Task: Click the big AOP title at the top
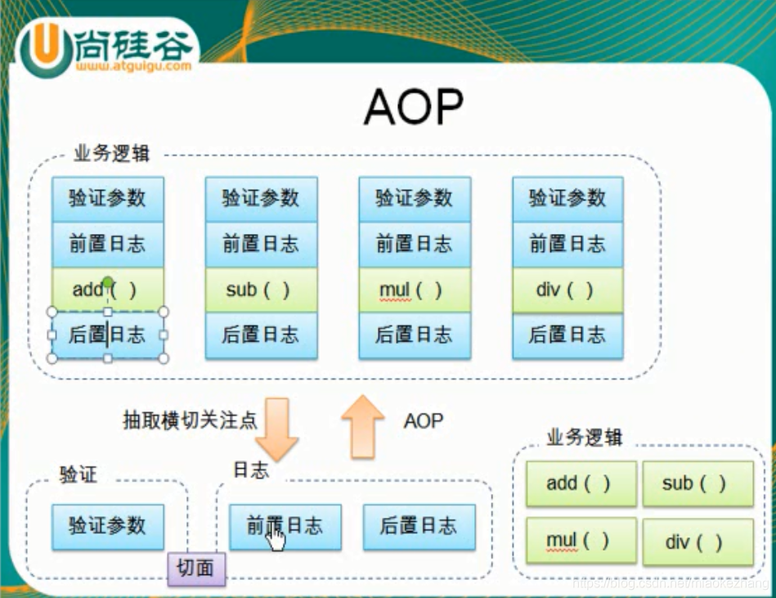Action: (x=414, y=106)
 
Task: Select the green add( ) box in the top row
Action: (x=108, y=290)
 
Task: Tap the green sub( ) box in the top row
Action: (x=261, y=290)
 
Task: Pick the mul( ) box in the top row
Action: (x=415, y=290)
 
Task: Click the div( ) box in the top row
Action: (x=567, y=290)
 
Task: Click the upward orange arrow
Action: (x=362, y=425)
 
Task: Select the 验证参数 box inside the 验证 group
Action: (x=108, y=525)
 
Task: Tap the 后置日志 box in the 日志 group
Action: (x=419, y=525)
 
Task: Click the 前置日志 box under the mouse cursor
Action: (x=285, y=525)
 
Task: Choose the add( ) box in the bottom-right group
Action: (x=580, y=483)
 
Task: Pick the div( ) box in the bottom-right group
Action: (x=698, y=542)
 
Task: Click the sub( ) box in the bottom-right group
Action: (x=698, y=483)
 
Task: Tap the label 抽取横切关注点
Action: (x=189, y=420)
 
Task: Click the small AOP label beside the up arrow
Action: (x=424, y=420)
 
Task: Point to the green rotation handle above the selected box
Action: (x=108, y=282)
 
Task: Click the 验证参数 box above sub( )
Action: (x=261, y=198)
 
